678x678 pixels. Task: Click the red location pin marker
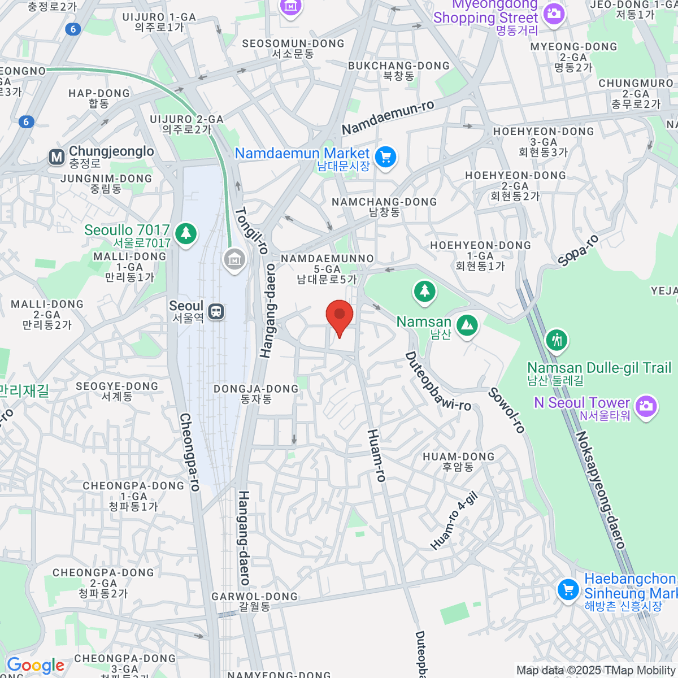tap(340, 315)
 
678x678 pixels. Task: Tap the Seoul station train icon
tap(216, 311)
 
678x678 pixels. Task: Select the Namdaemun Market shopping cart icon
tap(386, 157)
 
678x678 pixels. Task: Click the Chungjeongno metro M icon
tap(56, 157)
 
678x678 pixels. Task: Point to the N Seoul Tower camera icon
tap(646, 406)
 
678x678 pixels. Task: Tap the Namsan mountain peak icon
tap(467, 325)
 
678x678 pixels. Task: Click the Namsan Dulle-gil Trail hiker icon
tap(557, 340)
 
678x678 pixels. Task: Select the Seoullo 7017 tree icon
tap(185, 233)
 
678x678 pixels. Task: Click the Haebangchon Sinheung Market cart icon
tap(568, 590)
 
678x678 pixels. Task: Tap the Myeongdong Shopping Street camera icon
tap(554, 13)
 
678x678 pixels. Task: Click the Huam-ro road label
tap(376, 455)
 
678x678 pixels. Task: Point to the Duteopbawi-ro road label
tap(437, 382)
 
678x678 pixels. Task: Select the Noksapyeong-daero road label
tap(600, 489)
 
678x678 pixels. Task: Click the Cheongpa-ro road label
tap(189, 452)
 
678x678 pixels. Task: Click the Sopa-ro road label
tap(577, 250)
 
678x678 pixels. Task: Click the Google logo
tap(36, 666)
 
